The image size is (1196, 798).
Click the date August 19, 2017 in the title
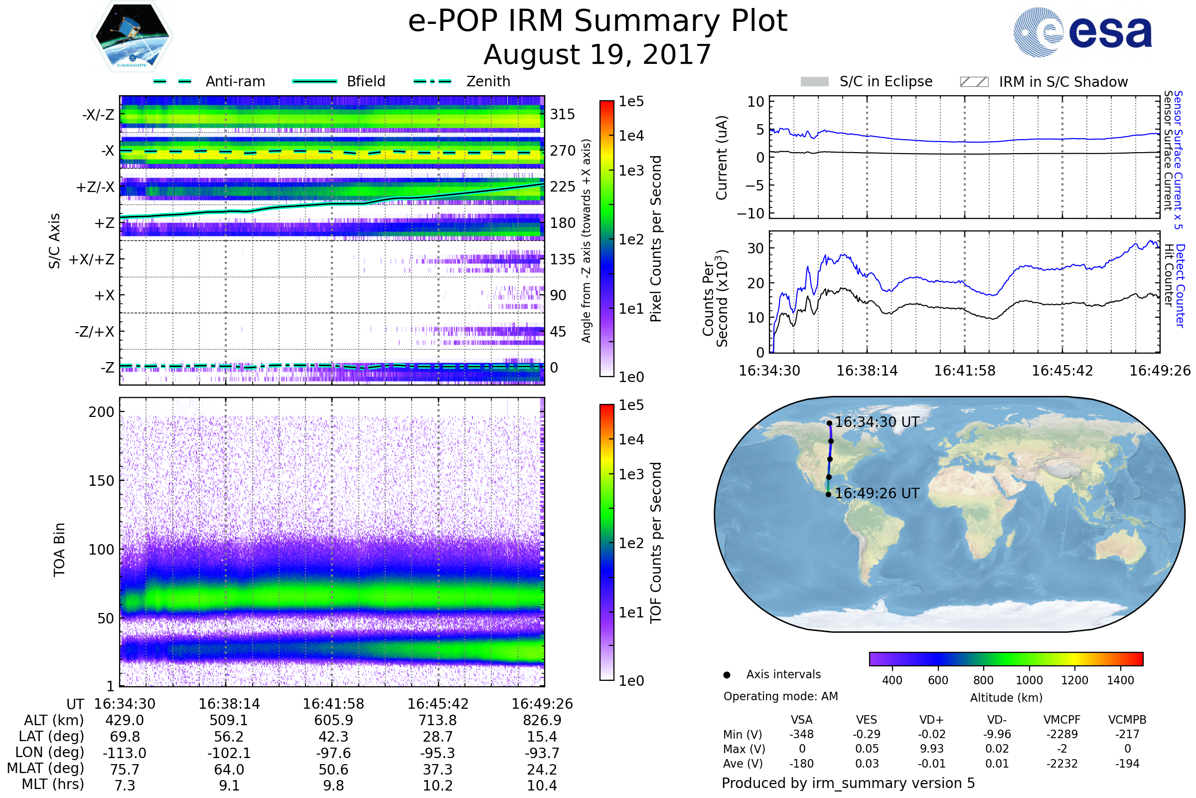(x=597, y=55)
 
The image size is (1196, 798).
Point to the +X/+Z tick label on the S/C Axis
(x=92, y=259)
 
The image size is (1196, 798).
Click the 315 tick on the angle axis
(x=563, y=114)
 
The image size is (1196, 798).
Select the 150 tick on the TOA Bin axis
(x=101, y=480)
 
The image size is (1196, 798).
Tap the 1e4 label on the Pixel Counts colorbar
(x=631, y=136)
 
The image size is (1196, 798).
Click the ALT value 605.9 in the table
(x=333, y=720)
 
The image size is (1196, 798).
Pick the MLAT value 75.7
(x=125, y=769)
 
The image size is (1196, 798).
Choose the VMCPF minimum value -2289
(x=1062, y=734)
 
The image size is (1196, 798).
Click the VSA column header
(x=801, y=720)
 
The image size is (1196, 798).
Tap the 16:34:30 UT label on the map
(x=877, y=422)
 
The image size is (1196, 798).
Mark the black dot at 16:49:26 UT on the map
(x=828, y=494)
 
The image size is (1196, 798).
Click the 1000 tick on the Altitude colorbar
(x=1029, y=680)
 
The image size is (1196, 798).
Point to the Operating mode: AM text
(x=780, y=696)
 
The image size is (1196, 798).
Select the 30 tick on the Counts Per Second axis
(x=755, y=248)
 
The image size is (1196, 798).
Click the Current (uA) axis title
(x=722, y=158)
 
